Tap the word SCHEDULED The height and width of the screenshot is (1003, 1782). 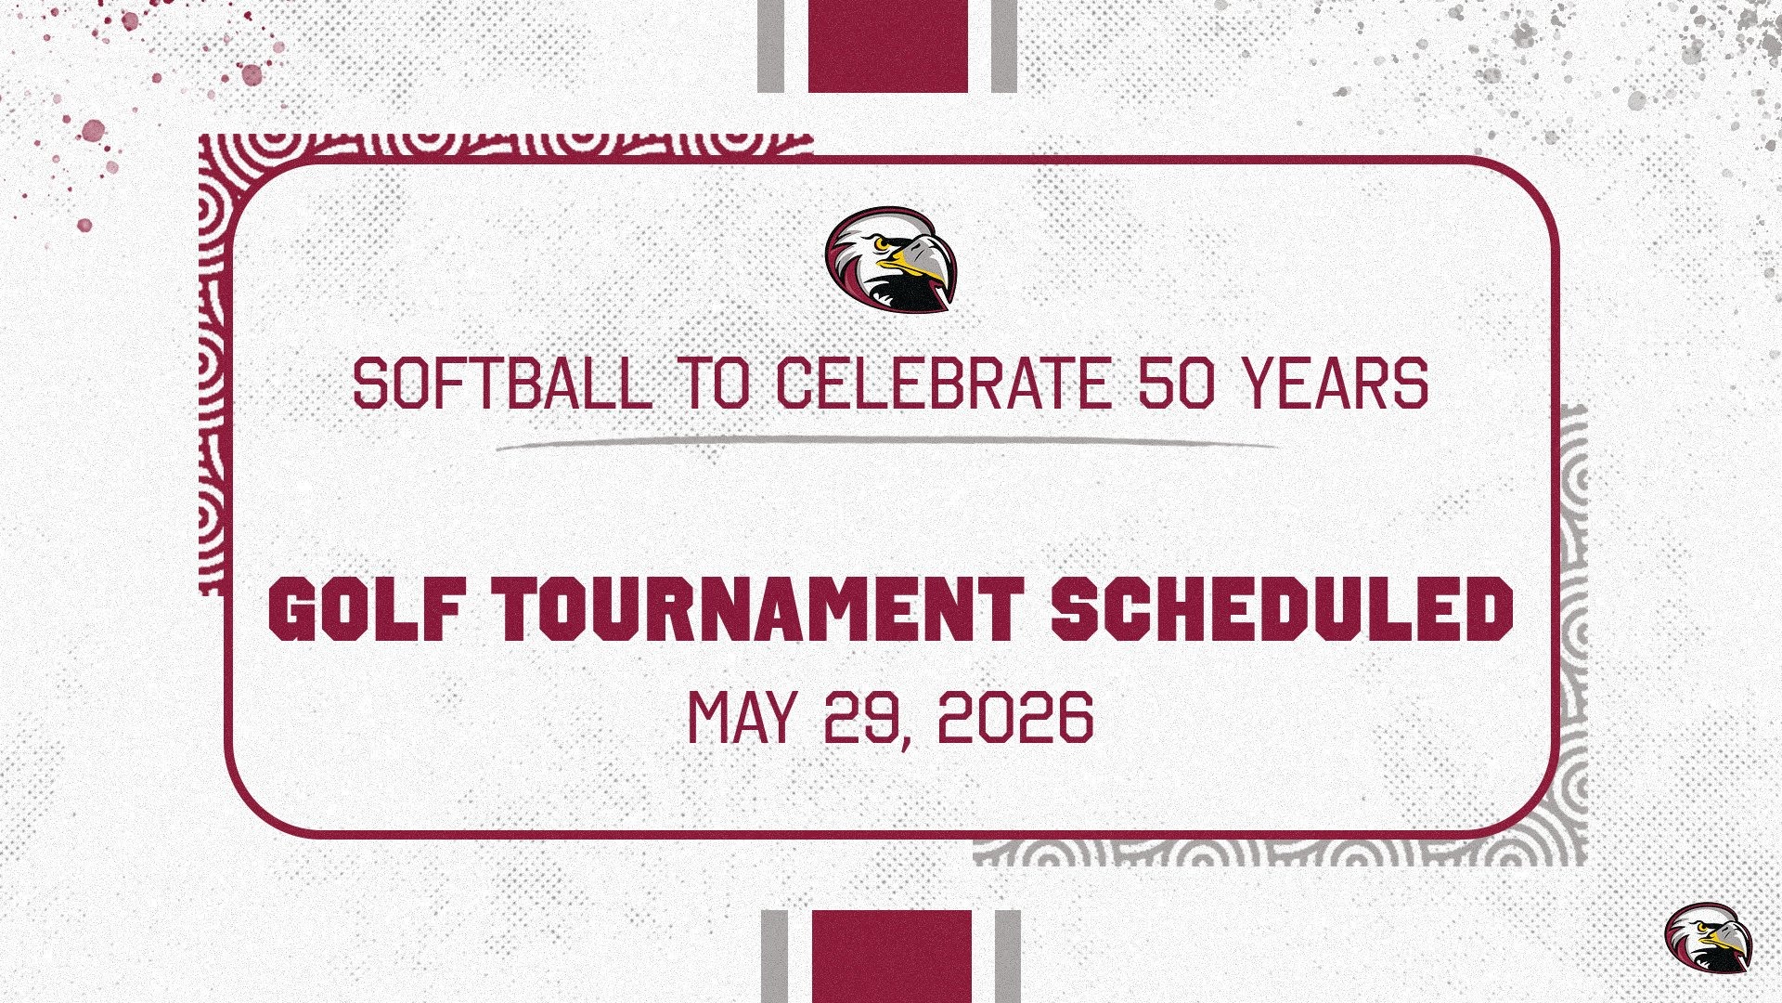1282,610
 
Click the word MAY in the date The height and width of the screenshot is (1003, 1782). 742,717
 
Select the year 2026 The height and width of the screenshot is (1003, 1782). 1015,717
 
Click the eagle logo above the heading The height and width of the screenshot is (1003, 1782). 890,258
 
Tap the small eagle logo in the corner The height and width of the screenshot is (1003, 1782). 1707,937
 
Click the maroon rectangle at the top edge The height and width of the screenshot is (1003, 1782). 888,46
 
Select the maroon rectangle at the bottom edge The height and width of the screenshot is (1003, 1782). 892,956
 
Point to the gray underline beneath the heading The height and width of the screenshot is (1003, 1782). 886,443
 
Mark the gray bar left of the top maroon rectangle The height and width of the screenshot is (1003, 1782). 771,46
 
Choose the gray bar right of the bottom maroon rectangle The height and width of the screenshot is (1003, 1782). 1008,956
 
